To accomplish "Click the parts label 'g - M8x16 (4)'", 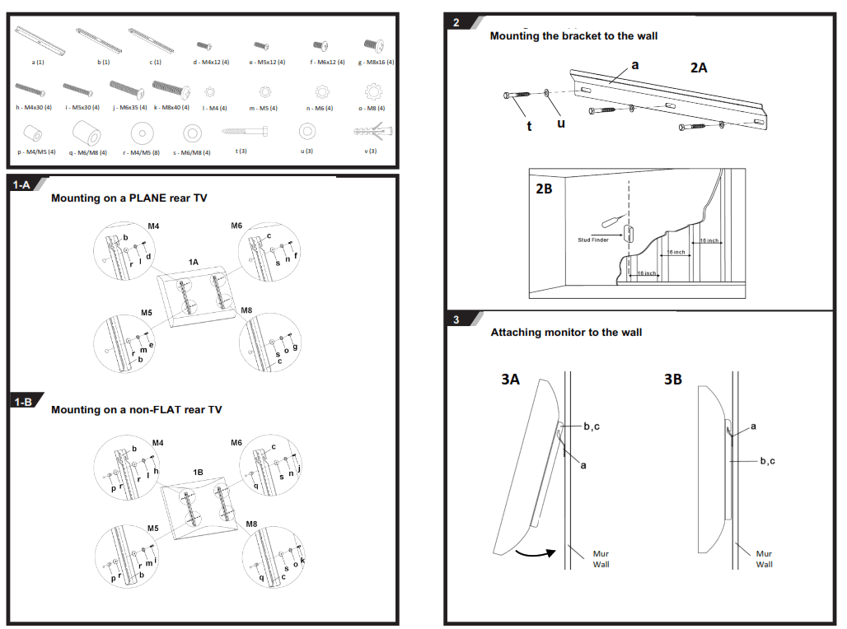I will click(377, 63).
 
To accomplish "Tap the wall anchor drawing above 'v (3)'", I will click(372, 131).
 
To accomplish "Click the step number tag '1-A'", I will click(21, 185).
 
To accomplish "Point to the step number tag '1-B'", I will click(22, 402).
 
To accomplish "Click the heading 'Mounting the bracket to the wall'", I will click(573, 36).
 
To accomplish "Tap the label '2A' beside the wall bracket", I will click(699, 68).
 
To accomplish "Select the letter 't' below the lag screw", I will click(529, 126).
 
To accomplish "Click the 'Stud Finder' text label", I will click(593, 240).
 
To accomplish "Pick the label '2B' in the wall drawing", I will click(545, 188).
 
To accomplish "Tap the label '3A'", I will click(511, 380).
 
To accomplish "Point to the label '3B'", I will click(673, 380).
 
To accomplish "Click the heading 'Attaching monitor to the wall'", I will click(566, 333).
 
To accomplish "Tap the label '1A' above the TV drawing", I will click(193, 262).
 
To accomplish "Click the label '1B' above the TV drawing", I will click(198, 473).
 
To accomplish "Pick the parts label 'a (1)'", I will click(38, 63).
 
